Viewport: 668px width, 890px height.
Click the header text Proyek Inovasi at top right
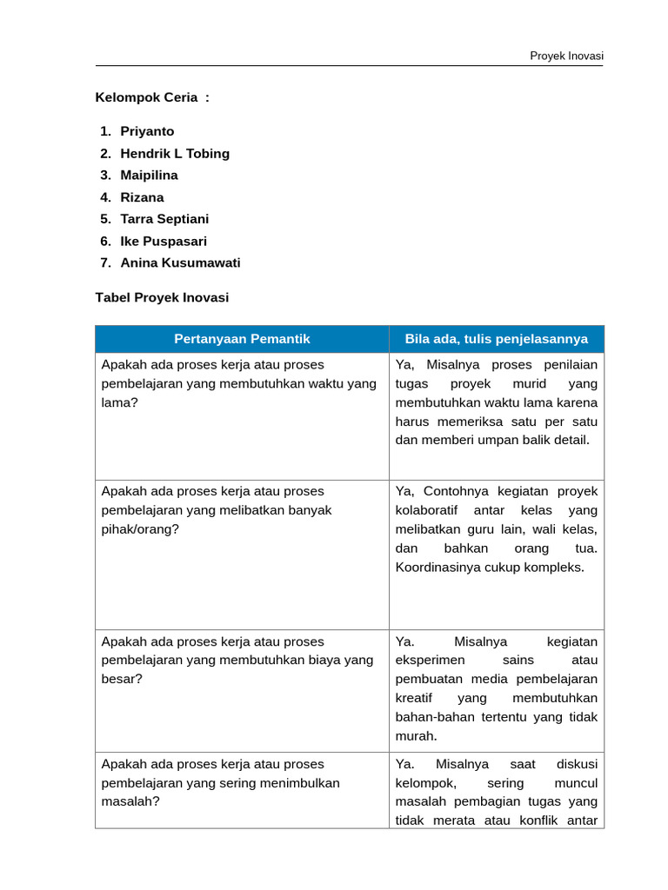(x=566, y=56)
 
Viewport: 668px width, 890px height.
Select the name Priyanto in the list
(x=147, y=131)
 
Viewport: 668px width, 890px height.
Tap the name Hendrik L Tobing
(x=175, y=154)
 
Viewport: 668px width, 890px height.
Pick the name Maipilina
(x=149, y=176)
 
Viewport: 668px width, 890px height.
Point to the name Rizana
(x=142, y=197)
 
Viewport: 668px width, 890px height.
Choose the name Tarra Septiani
(x=164, y=219)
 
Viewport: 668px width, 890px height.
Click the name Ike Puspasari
(x=164, y=242)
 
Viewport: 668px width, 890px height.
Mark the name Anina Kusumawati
(x=180, y=263)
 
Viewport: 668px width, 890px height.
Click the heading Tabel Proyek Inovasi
(x=162, y=297)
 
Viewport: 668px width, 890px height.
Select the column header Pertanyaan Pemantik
(x=242, y=339)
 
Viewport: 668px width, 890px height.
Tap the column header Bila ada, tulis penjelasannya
(x=496, y=339)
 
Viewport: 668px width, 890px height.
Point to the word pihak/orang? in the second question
(x=140, y=529)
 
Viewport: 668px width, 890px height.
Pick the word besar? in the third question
(x=122, y=679)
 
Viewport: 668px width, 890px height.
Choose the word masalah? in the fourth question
(x=130, y=801)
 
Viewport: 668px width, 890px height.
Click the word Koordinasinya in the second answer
(x=437, y=568)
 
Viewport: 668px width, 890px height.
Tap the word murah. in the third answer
(x=416, y=736)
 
